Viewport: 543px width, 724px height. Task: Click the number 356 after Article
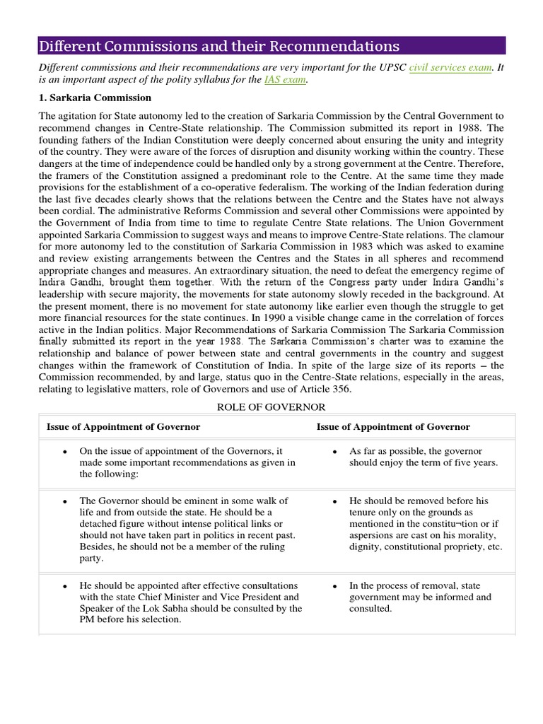[x=341, y=390]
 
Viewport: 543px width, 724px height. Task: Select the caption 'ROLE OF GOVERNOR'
[x=271, y=407]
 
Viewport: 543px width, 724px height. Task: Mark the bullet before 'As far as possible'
[x=334, y=451]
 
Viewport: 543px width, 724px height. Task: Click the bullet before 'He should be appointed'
[x=64, y=586]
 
